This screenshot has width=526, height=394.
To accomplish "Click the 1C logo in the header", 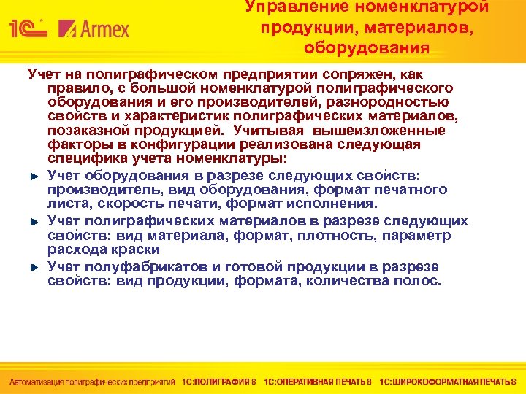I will pyautogui.click(x=28, y=28).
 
